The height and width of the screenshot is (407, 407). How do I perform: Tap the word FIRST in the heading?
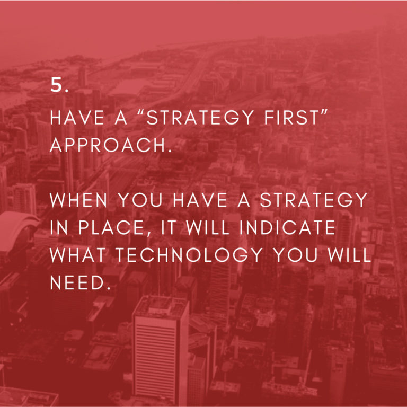292,118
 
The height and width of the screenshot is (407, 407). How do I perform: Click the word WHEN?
78,200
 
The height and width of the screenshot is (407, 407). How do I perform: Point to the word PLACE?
112,228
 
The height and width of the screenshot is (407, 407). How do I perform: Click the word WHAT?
77,255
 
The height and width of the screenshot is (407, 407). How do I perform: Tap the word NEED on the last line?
77,282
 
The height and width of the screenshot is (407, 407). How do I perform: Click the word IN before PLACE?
59,228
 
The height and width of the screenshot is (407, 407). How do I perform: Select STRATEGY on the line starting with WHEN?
314,200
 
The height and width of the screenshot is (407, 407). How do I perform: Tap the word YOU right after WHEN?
140,200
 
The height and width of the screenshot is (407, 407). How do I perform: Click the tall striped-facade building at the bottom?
161,350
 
